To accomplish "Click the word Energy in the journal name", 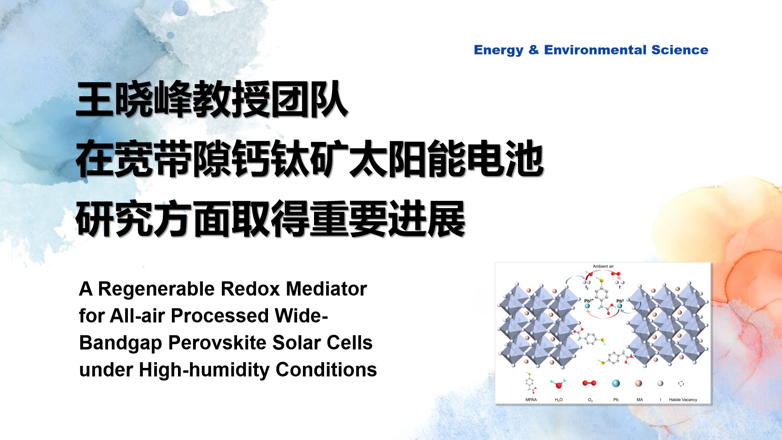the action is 499,50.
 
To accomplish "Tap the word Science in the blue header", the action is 680,50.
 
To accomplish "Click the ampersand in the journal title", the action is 534,50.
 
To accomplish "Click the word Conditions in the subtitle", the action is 326,370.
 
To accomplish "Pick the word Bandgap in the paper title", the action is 121,343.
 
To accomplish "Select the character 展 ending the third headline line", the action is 446,219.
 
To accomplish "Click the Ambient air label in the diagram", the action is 603,266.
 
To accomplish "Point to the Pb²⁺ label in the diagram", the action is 589,301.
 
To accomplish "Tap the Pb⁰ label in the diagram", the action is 620,301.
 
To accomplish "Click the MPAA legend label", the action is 531,400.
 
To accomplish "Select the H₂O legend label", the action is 559,400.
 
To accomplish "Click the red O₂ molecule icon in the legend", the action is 589,383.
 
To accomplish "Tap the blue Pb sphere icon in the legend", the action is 616,383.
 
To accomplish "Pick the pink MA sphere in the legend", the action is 639,383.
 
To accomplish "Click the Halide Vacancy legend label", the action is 683,400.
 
